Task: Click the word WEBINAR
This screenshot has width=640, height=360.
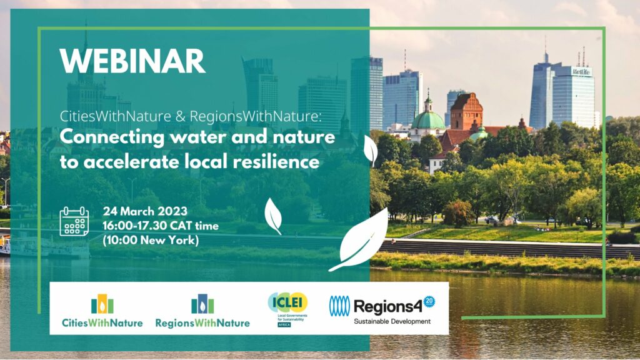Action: [132, 61]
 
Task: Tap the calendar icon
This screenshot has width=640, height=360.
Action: [74, 221]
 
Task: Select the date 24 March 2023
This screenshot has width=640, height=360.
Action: [145, 211]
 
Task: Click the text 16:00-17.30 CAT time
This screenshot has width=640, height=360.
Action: [161, 226]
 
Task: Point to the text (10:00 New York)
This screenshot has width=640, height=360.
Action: [151, 240]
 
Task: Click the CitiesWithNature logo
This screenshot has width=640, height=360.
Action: [102, 311]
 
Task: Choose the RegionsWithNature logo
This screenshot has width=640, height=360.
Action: [202, 311]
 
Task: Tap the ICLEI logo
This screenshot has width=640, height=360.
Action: [287, 309]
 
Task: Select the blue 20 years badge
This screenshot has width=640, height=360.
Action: [429, 302]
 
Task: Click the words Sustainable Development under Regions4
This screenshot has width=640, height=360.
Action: [392, 322]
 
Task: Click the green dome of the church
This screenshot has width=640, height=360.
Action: [427, 121]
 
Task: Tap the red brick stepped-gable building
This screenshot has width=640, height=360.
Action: [466, 111]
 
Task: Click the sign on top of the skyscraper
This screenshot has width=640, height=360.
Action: [581, 72]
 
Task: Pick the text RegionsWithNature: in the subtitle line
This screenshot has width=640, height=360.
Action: [256, 116]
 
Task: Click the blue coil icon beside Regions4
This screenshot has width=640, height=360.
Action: [339, 306]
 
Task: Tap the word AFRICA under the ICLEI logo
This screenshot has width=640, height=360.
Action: [284, 325]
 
